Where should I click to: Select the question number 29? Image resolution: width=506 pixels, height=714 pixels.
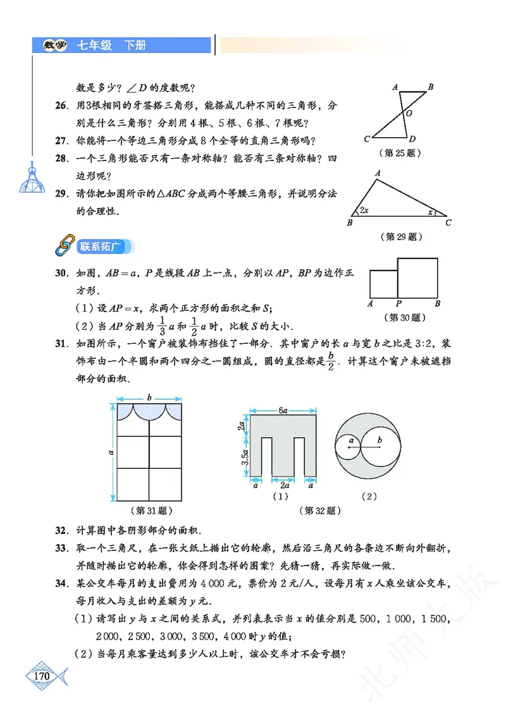point(62,194)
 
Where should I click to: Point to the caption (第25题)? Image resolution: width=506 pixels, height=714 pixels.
point(398,153)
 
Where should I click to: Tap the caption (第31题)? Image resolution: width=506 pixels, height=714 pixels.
point(150,510)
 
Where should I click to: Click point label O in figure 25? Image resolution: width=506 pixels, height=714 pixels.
point(409,113)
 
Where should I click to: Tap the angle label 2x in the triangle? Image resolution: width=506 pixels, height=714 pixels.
point(364,210)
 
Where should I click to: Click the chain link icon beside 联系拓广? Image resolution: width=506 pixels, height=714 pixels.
point(64,246)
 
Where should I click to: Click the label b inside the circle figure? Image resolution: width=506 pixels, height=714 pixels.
point(379,440)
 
